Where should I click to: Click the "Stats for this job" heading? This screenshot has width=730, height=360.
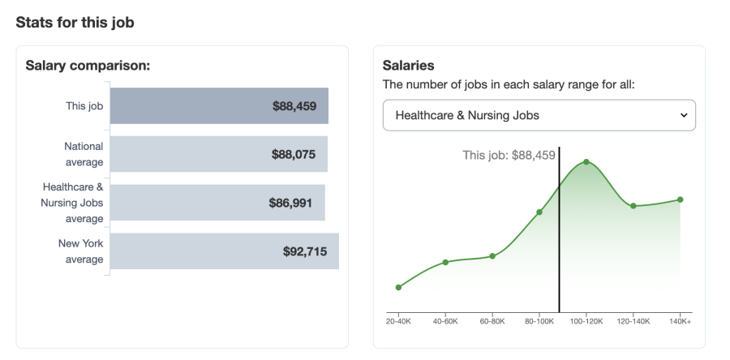[75, 23]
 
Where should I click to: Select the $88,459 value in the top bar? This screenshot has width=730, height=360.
[294, 105]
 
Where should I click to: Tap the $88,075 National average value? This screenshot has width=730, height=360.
[294, 154]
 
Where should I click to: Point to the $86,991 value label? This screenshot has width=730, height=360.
[290, 203]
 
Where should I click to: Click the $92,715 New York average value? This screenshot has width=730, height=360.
[305, 251]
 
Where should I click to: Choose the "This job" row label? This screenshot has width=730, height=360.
[84, 105]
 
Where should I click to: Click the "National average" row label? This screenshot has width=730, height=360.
[84, 154]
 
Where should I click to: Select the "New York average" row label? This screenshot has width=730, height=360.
[80, 251]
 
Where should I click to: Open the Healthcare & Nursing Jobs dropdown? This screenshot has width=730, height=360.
[539, 115]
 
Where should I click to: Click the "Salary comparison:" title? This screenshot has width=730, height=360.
[88, 66]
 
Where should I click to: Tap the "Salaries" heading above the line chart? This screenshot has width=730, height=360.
[408, 66]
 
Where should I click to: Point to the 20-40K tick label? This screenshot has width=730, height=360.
[398, 322]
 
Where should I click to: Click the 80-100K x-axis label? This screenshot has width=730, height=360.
[539, 322]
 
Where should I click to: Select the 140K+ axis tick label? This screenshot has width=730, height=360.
[680, 322]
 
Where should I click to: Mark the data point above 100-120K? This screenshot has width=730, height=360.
[586, 162]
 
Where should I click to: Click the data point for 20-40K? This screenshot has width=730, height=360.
[398, 287]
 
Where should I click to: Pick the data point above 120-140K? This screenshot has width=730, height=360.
[633, 206]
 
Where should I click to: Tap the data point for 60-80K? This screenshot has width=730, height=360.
[492, 256]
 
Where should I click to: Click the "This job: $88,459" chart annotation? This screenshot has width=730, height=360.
[509, 155]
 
